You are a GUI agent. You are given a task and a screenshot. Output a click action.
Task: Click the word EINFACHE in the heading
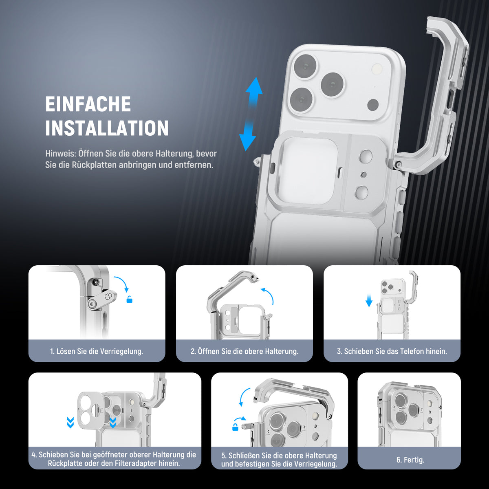[x=88, y=104]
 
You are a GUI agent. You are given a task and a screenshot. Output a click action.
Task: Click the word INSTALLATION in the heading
[x=107, y=128]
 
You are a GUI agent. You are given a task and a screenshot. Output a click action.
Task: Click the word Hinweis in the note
[x=60, y=154]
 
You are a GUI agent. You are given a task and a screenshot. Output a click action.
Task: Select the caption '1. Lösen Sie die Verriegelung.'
[x=97, y=351]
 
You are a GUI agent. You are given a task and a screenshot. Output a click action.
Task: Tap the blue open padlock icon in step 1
[x=130, y=300]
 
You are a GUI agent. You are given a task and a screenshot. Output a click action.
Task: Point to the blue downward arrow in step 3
[x=369, y=300]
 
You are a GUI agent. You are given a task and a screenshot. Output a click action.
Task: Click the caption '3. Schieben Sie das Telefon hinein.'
[x=392, y=351]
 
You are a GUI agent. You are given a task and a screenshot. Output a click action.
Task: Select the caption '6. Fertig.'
[x=410, y=460]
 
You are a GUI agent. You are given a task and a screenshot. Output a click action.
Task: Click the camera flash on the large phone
[x=377, y=69]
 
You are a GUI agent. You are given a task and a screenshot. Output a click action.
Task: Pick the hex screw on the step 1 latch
[x=91, y=303]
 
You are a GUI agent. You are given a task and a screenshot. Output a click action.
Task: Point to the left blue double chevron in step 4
[x=70, y=423]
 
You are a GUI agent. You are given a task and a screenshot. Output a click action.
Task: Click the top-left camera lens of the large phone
[x=305, y=67]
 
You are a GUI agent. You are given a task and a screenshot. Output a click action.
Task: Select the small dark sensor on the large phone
[x=373, y=105]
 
